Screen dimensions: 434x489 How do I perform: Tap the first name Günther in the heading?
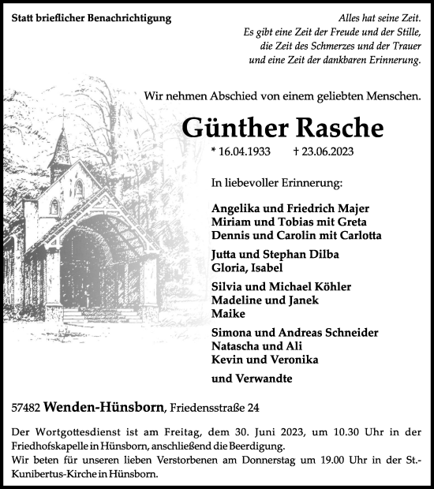[233, 129]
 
